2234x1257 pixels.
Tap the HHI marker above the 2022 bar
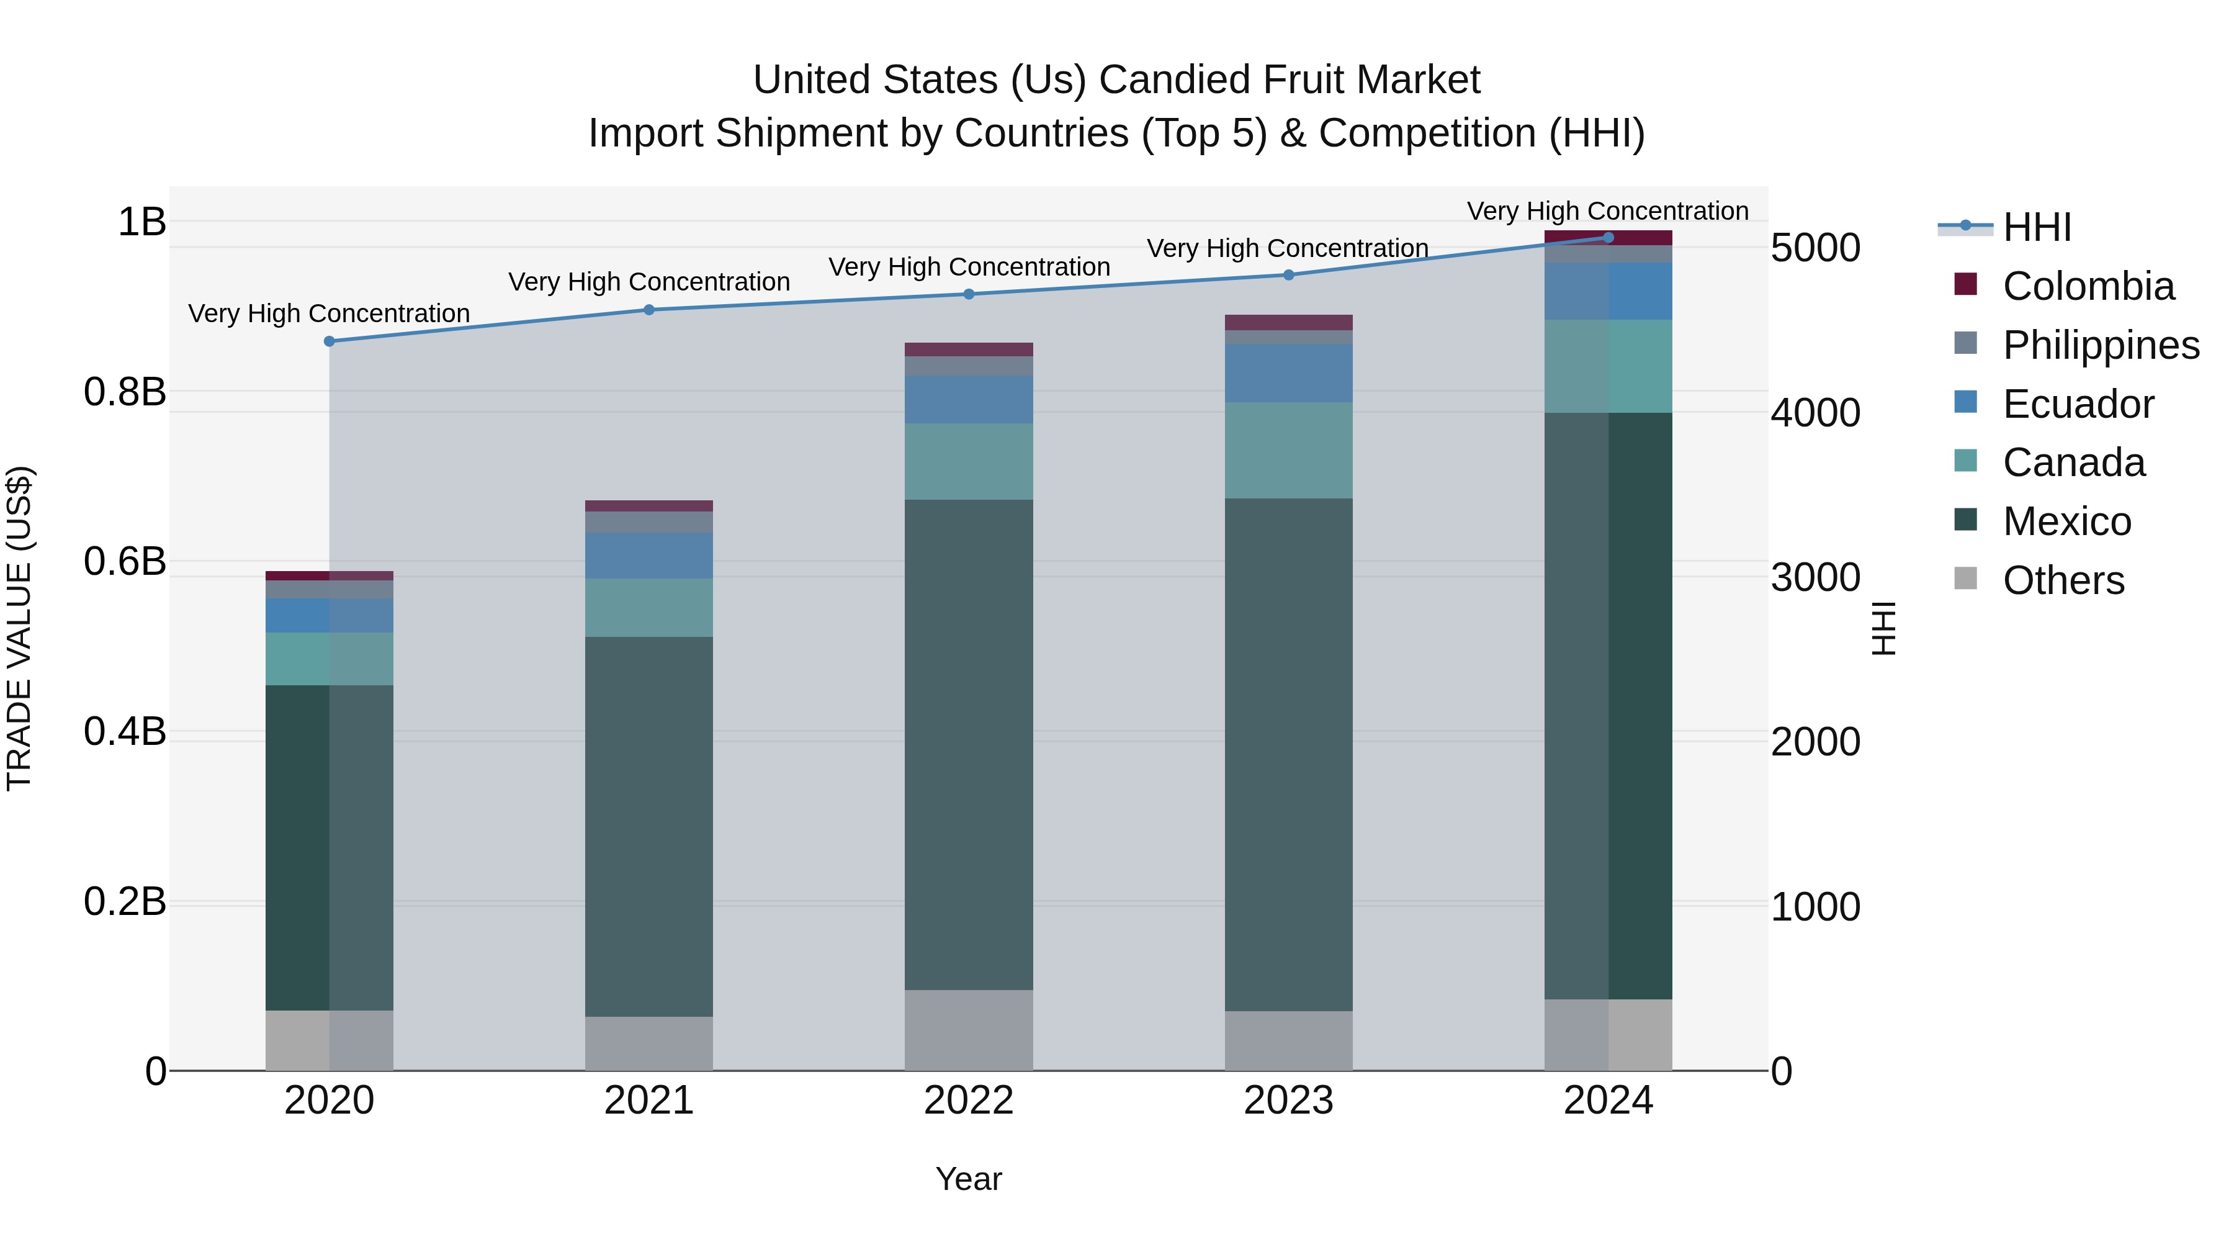coord(969,294)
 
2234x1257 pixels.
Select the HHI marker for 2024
coord(1608,238)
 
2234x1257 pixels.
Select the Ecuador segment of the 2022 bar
coord(969,399)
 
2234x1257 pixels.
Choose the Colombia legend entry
coord(2088,286)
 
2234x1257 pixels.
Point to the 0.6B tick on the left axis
coord(125,561)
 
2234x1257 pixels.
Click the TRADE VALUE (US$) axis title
coord(19,628)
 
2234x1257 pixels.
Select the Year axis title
coord(969,1179)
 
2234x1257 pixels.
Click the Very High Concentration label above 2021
coord(648,282)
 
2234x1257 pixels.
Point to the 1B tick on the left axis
coord(141,222)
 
